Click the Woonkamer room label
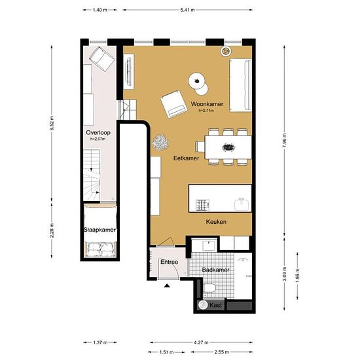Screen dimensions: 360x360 point(207,104)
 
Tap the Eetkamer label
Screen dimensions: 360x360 point(186,158)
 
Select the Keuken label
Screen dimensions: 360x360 point(216,222)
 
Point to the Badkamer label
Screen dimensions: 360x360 point(215,270)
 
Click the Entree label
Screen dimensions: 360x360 point(170,262)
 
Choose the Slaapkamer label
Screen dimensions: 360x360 point(99,230)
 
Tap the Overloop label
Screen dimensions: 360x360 point(98,132)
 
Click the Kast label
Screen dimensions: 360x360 point(215,305)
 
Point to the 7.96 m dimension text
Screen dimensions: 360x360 point(285,141)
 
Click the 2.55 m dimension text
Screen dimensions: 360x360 point(221,352)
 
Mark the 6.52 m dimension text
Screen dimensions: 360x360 point(52,123)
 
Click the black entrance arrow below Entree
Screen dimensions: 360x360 point(167,286)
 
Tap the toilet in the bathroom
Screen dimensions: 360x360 point(209,289)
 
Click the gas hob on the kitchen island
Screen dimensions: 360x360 point(202,206)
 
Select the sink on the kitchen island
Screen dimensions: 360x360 point(242,204)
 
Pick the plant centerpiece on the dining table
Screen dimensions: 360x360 point(228,147)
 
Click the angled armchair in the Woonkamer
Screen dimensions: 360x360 point(173,104)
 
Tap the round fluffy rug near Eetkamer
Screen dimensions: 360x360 point(160,142)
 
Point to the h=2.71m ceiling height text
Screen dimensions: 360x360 point(206,111)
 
